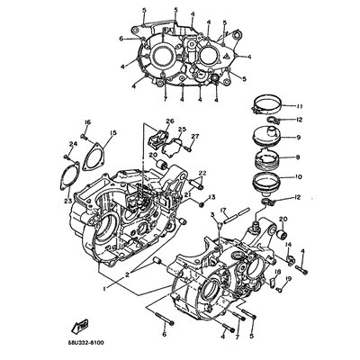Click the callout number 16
tap(87, 122)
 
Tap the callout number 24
tap(71, 141)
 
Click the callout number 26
tap(168, 121)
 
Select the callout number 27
tap(195, 136)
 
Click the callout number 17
tap(223, 210)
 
